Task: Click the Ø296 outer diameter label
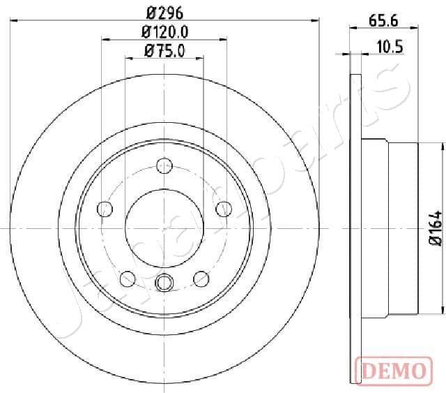(164, 11)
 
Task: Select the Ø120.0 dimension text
(165, 31)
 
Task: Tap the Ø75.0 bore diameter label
(164, 50)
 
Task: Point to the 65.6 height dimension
(383, 21)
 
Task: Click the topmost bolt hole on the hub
(164, 166)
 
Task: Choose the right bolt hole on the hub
(224, 209)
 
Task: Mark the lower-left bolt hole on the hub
(128, 278)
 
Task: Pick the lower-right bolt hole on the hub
(201, 278)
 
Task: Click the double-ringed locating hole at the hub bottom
(164, 282)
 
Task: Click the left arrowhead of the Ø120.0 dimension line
(104, 38)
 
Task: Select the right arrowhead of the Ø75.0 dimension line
(202, 58)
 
